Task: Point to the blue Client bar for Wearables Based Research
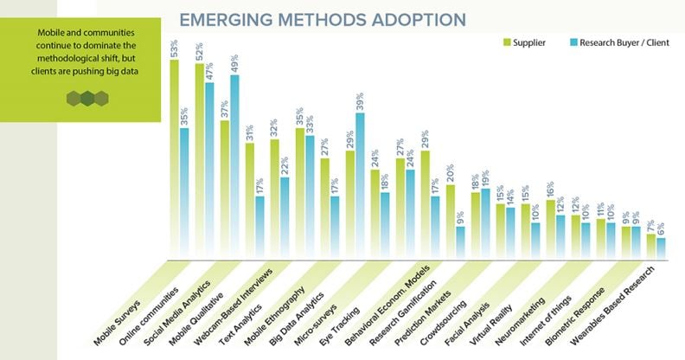tap(661, 247)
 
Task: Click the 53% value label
tap(175, 48)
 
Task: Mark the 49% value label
tap(234, 64)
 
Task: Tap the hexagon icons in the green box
tap(87, 98)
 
